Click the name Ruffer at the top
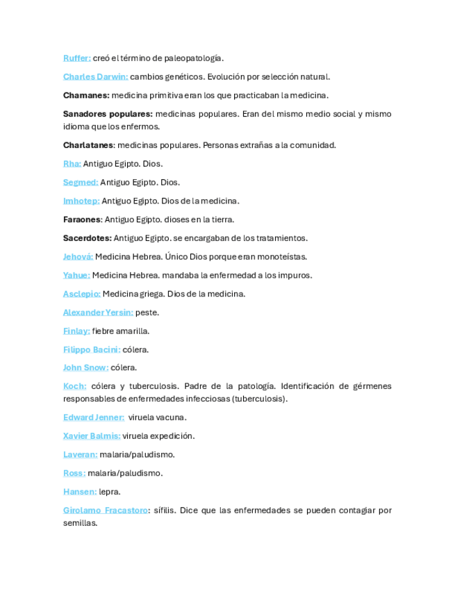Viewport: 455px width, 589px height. (x=76, y=58)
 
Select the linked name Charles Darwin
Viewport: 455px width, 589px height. (x=95, y=76)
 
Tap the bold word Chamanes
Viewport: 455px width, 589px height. (x=85, y=95)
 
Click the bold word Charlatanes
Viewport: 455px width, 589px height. (x=88, y=145)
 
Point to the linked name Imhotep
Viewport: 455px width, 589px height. (x=81, y=201)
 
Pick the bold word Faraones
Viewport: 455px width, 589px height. (x=82, y=219)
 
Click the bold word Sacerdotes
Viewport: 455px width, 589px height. (x=87, y=238)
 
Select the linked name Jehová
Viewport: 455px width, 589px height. (x=78, y=256)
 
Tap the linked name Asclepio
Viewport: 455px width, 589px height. (x=81, y=294)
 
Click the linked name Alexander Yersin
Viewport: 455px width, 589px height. (x=98, y=313)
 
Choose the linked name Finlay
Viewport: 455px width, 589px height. (x=76, y=331)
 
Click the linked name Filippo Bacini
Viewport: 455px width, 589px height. (x=91, y=349)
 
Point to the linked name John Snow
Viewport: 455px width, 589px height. (x=85, y=367)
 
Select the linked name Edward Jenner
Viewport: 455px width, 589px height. (x=93, y=417)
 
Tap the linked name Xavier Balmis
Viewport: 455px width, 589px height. (x=91, y=436)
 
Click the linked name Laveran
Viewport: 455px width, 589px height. (x=80, y=454)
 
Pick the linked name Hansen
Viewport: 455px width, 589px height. (x=80, y=492)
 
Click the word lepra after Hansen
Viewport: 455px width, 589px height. (x=110, y=492)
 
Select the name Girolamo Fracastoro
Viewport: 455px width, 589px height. (x=105, y=511)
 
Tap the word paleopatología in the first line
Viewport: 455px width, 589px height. (x=198, y=58)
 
